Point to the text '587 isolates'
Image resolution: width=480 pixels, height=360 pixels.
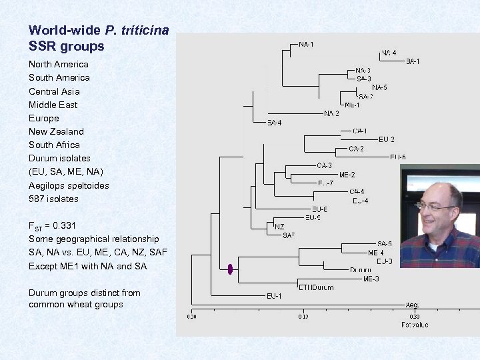click(53, 199)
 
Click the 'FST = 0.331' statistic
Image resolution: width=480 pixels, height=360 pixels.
click(56, 225)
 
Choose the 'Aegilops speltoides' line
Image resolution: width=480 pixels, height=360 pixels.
click(69, 185)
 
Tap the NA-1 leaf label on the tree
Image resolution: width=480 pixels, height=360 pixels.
click(307, 44)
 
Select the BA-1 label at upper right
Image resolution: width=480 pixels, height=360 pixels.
click(413, 62)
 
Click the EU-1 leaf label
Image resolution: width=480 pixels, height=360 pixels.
click(274, 295)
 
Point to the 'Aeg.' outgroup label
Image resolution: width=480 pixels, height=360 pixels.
click(413, 305)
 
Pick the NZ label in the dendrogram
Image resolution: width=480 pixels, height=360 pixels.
click(279, 227)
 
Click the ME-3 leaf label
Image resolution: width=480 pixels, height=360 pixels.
click(371, 279)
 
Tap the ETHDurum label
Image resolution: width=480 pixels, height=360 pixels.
click(316, 287)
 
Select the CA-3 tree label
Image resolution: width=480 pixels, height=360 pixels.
click(325, 165)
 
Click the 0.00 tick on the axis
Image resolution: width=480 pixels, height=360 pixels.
click(192, 317)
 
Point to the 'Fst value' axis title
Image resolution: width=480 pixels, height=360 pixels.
click(415, 325)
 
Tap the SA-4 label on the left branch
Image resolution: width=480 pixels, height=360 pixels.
click(274, 123)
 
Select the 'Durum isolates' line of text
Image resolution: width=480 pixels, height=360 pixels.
click(59, 159)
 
